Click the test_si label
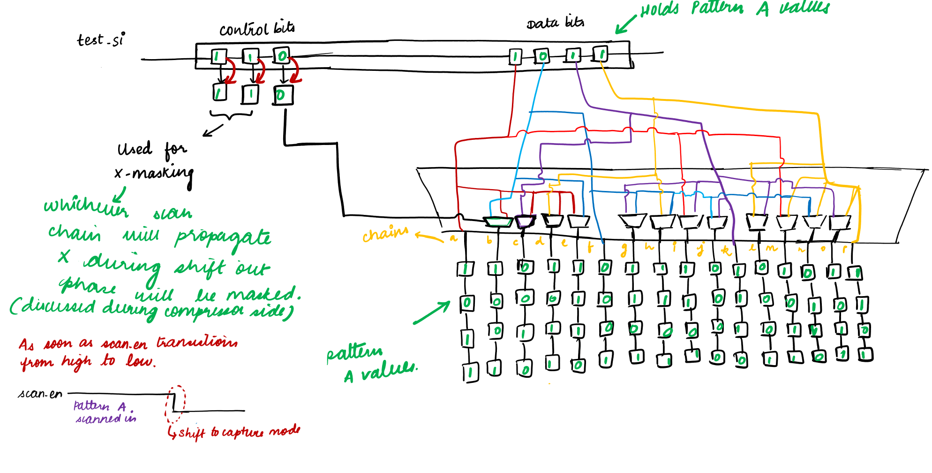tap(101, 39)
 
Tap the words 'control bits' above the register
tap(257, 29)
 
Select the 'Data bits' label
tap(555, 23)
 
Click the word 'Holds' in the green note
tap(659, 10)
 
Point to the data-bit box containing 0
tap(542, 57)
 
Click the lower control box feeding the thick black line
tap(283, 95)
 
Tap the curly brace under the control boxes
tap(231, 114)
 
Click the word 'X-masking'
tap(154, 174)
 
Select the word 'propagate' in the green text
tap(223, 237)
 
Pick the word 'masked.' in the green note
tap(263, 294)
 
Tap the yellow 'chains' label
tap(385, 233)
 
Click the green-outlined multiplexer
tap(497, 221)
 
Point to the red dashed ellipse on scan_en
tap(175, 404)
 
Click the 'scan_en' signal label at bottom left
tap(40, 393)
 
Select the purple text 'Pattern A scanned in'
tap(104, 412)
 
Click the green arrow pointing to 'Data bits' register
tap(625, 24)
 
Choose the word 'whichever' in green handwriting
tap(86, 206)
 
